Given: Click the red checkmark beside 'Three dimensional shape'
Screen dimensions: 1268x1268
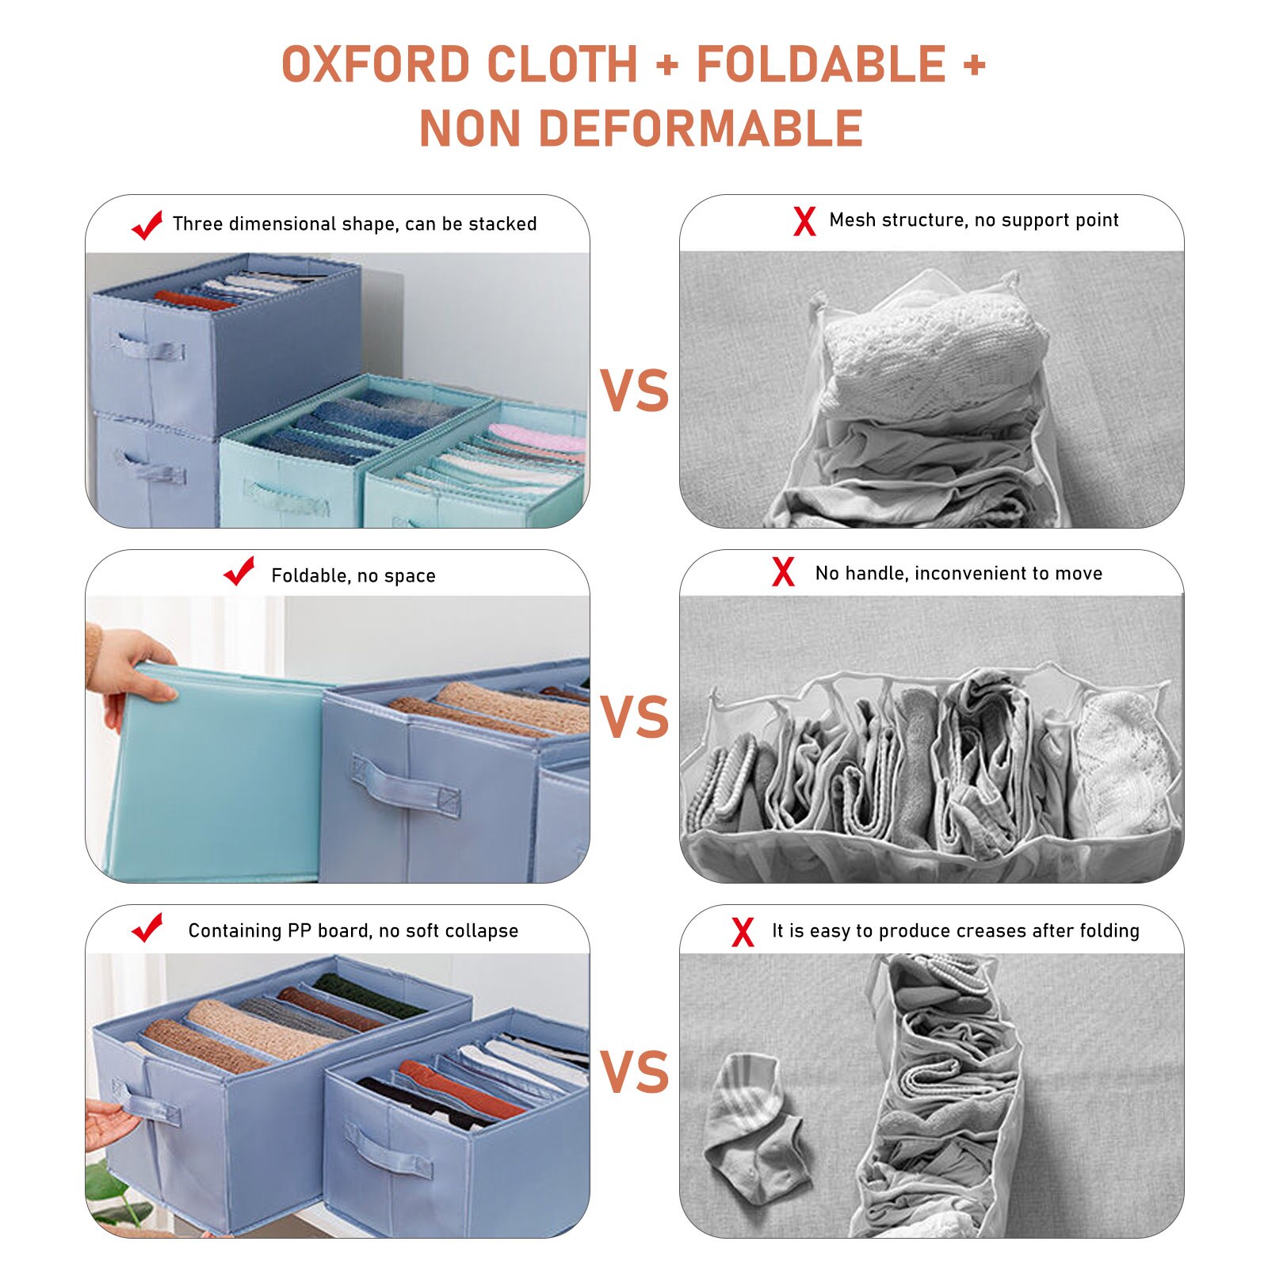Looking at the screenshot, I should coord(147,225).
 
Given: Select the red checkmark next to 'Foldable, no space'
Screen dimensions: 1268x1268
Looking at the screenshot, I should coord(239,571).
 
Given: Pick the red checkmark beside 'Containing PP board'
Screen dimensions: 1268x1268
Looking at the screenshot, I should coord(147,927).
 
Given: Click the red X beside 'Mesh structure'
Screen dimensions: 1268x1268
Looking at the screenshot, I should coord(804,221).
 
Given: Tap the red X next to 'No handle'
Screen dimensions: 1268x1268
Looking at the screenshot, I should coord(783,571).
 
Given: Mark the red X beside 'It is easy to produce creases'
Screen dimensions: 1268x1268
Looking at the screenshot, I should coord(743,932).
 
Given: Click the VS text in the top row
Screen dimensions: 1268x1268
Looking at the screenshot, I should coord(634,391).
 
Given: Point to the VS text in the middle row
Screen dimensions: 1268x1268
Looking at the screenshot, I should coord(634,718).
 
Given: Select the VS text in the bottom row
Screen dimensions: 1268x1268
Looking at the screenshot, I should coord(634,1072).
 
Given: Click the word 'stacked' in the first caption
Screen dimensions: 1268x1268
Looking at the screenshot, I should coord(502,224).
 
